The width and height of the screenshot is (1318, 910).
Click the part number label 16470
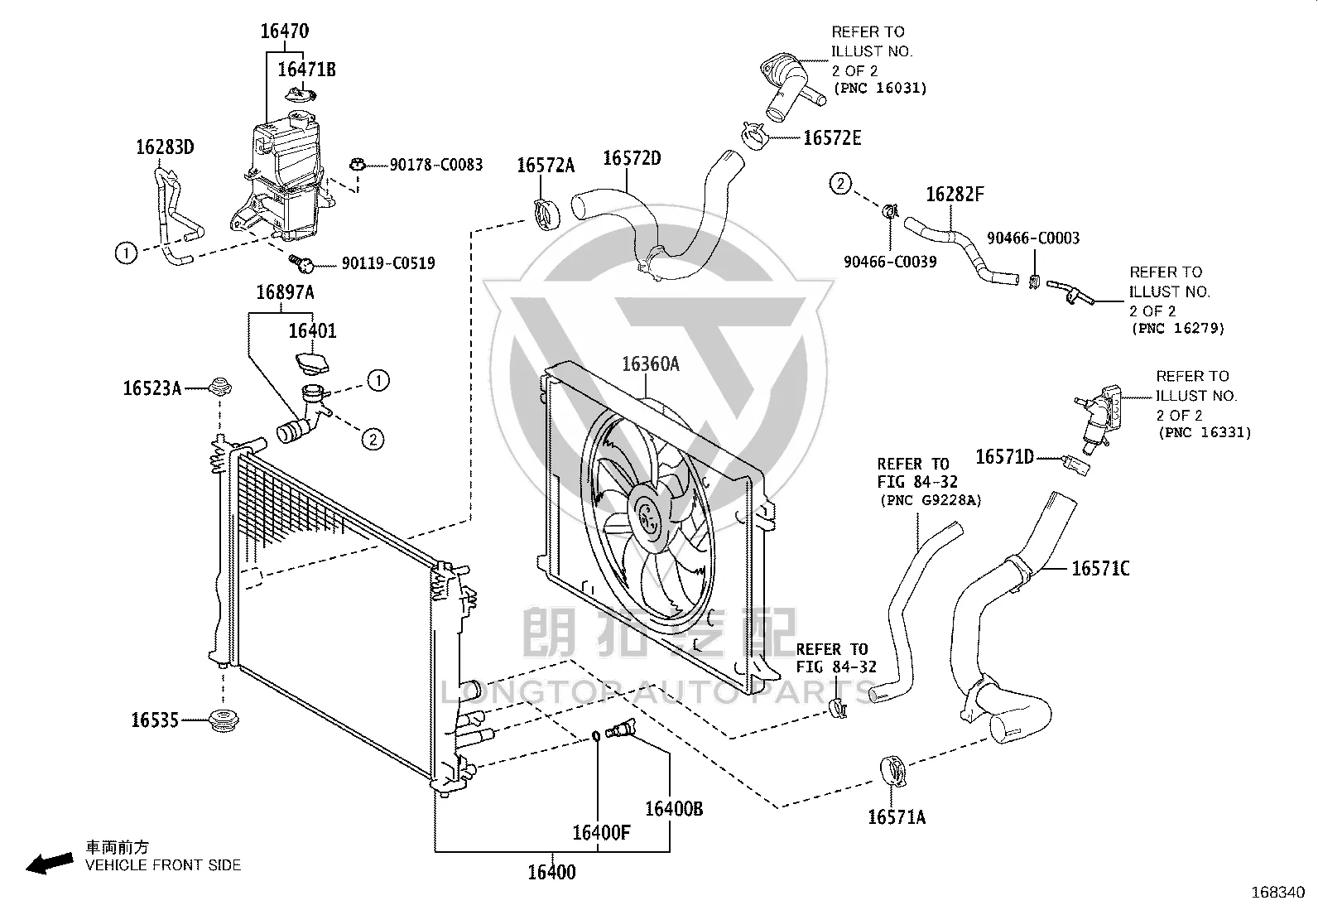[x=285, y=31]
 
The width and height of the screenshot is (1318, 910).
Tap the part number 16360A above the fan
[x=651, y=364]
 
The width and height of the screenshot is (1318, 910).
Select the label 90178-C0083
[x=436, y=165]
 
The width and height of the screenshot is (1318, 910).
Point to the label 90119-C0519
[x=388, y=263]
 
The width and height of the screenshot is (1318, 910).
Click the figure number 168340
[x=1278, y=893]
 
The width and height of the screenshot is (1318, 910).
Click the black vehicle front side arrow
[x=50, y=864]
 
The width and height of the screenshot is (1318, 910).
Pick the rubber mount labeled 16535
[x=224, y=720]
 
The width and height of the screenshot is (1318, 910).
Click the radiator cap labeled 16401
[x=311, y=363]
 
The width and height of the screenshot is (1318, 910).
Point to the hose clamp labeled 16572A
[x=547, y=214]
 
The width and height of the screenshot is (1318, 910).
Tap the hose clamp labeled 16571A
[x=892, y=771]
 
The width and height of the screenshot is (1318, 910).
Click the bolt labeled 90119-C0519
[x=302, y=263]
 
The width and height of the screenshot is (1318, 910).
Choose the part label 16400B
[x=674, y=809]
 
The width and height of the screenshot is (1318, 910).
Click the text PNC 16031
[x=880, y=89]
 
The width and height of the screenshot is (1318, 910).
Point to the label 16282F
[x=955, y=195]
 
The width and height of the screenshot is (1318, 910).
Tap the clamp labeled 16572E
[x=756, y=137]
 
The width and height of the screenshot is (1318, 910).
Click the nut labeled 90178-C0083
[x=357, y=164]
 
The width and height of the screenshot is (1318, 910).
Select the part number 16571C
[x=1100, y=569]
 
